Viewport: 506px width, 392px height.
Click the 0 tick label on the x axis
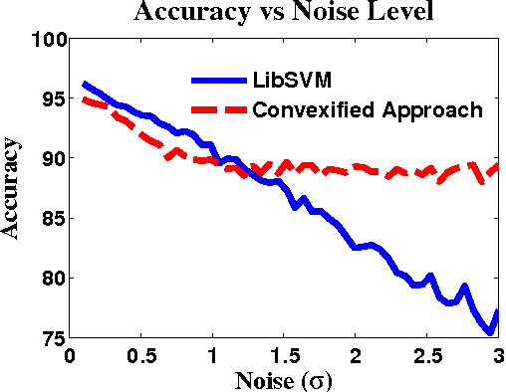(70, 355)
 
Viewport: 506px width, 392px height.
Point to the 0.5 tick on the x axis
(141, 355)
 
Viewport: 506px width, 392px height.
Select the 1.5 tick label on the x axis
(284, 355)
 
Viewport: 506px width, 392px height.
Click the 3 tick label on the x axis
(498, 355)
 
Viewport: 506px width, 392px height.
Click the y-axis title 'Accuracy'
(14, 188)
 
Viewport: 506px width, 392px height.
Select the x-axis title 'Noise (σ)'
(284, 379)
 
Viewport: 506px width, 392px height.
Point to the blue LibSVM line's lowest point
(490, 331)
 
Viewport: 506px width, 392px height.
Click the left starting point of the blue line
(85, 85)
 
